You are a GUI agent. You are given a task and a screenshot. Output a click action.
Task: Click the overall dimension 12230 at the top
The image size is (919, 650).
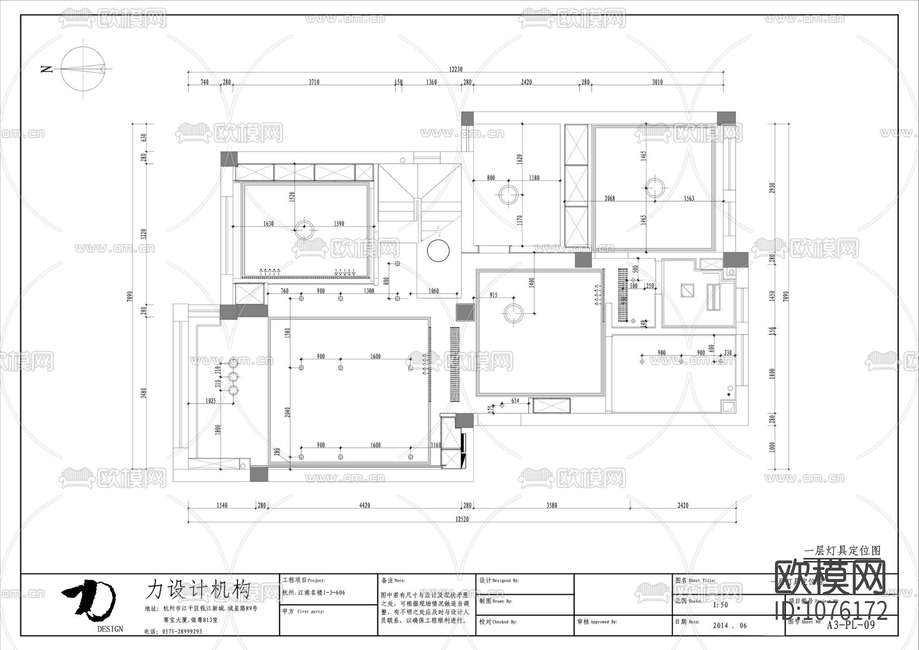pyautogui.click(x=455, y=69)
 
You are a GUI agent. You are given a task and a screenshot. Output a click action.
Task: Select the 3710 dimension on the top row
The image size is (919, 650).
pyautogui.click(x=313, y=82)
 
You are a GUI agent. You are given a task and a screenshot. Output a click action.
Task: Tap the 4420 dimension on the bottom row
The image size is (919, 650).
pyautogui.click(x=364, y=505)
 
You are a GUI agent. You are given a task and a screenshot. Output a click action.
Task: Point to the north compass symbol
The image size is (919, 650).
pyautogui.click(x=84, y=68)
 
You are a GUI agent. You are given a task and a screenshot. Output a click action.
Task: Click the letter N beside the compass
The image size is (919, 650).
pyautogui.click(x=47, y=69)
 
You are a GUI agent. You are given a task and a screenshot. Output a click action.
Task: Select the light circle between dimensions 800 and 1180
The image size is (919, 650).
pyautogui.click(x=509, y=194)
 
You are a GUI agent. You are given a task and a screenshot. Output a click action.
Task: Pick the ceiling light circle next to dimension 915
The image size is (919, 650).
pyautogui.click(x=513, y=313)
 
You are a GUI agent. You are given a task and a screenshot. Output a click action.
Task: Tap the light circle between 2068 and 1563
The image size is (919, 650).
pyautogui.click(x=654, y=188)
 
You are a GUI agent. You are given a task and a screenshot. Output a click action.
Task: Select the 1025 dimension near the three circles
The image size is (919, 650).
pyautogui.click(x=210, y=401)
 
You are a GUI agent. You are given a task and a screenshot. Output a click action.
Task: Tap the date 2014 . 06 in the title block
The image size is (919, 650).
pyautogui.click(x=729, y=625)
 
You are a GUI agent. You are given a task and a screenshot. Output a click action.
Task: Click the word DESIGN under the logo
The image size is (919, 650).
pyautogui.click(x=110, y=629)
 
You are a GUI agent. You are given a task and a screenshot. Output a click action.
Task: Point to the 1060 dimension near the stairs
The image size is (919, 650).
pyautogui.click(x=433, y=291)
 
